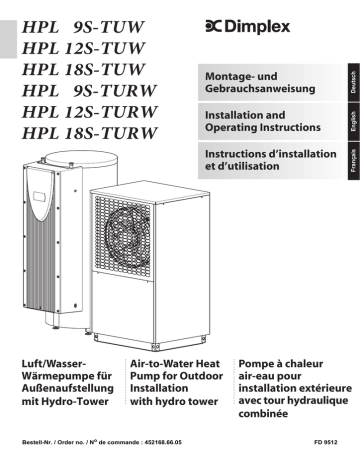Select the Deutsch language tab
point(349,83)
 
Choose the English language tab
point(349,122)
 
